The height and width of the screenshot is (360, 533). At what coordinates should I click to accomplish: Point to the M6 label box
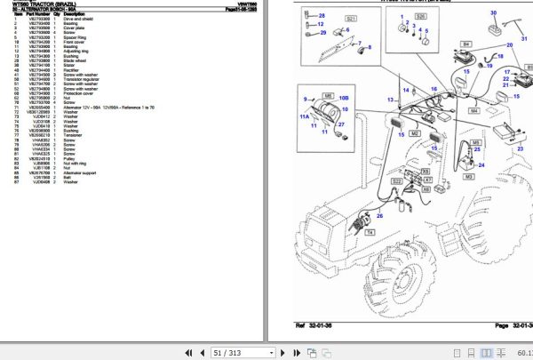pyautogui.click(x=328, y=95)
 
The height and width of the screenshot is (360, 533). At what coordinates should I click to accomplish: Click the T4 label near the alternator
pyautogui.click(x=370, y=232)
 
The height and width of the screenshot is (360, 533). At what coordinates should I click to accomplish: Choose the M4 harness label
pyautogui.click(x=474, y=111)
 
